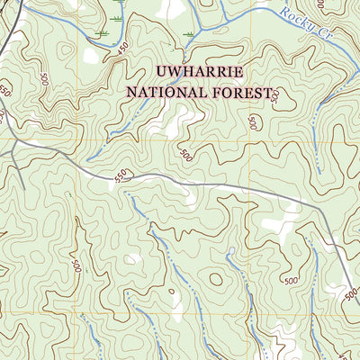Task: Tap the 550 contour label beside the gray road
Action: coord(121,176)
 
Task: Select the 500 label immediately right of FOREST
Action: coord(275,94)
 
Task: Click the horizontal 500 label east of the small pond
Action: coord(290,282)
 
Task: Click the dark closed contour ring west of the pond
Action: coord(216,279)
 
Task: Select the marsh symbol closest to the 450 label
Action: coord(102,33)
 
